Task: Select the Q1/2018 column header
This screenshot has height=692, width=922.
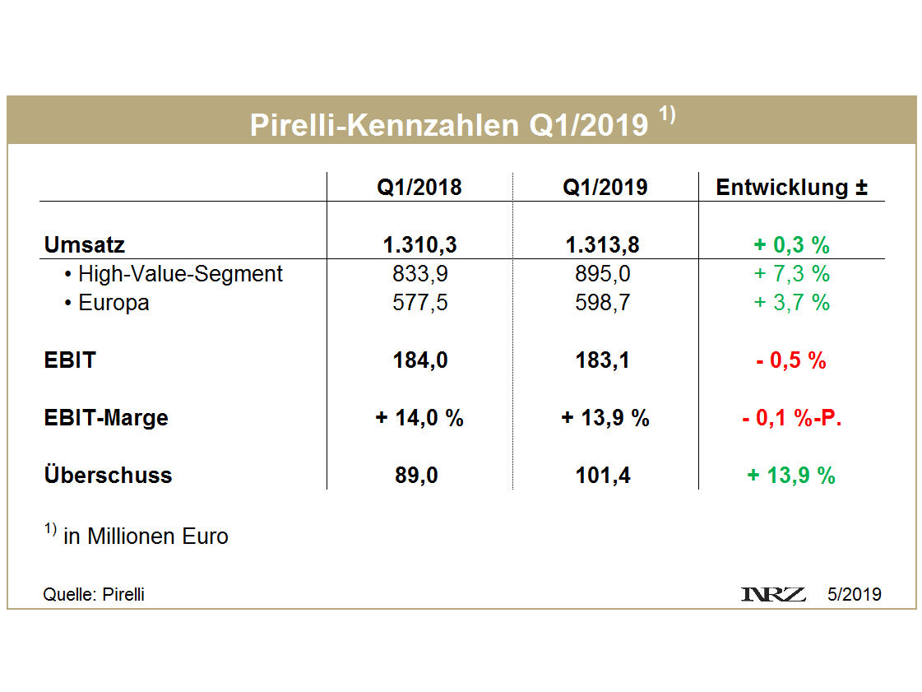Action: tap(419, 187)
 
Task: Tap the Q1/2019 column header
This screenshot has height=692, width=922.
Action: tap(605, 187)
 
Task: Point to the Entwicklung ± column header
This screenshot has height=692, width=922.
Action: tap(791, 187)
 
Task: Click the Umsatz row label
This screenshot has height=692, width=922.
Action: tap(84, 244)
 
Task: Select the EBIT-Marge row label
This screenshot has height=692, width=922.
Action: tap(105, 418)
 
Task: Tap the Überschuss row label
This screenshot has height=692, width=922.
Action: tap(108, 476)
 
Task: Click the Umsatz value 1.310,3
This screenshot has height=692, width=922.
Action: tap(419, 244)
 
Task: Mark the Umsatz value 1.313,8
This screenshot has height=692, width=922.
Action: tap(605, 244)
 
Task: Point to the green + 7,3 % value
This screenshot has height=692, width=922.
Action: tap(791, 274)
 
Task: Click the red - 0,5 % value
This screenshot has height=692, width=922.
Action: tap(791, 360)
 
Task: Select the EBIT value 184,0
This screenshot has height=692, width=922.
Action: tap(419, 360)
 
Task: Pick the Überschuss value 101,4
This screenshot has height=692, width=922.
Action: tap(605, 476)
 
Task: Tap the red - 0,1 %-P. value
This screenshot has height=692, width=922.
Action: tap(791, 418)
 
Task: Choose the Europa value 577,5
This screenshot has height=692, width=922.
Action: tap(419, 303)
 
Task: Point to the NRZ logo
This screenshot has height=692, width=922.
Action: tap(773, 594)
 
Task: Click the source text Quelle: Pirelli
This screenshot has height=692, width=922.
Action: tap(93, 594)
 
